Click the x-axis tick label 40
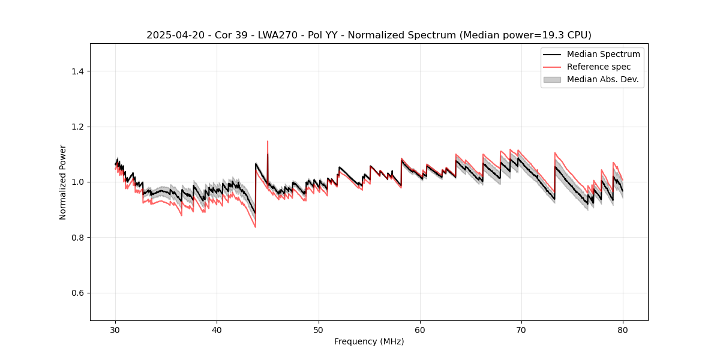coord(217,329)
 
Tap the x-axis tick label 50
coord(319,329)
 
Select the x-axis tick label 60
coord(420,329)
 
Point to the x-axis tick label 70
coord(521,329)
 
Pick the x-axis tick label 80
coord(623,329)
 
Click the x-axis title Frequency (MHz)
coord(369,341)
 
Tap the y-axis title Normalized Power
coord(63,182)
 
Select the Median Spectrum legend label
coord(603,54)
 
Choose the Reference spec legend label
coord(599,67)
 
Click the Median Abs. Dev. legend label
coord(602,79)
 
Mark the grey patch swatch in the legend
coord(552,79)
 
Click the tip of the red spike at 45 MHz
coord(268,142)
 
